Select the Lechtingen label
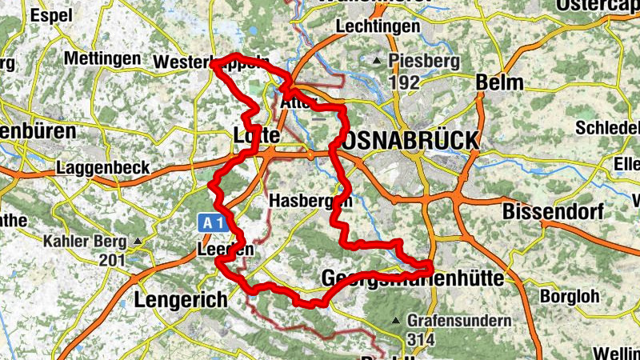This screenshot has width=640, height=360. click(x=378, y=26)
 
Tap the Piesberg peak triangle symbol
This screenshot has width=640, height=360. click(x=377, y=61)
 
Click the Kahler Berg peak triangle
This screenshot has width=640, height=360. click(x=139, y=241)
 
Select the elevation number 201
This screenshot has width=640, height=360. click(x=113, y=260)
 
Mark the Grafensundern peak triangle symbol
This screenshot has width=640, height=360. click(x=395, y=322)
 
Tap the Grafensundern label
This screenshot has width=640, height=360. click(x=458, y=321)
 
